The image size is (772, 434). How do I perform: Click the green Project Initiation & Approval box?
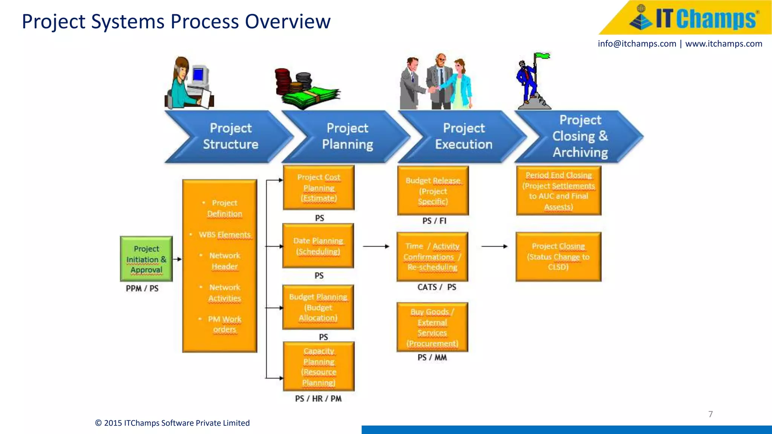[x=146, y=259]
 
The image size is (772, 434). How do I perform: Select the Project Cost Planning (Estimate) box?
[x=319, y=188]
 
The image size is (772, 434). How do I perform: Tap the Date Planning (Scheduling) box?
[x=318, y=246]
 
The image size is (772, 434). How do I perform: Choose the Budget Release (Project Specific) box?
[x=433, y=191]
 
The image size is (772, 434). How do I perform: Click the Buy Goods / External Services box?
[x=432, y=327]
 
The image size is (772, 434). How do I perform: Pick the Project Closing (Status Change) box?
[x=558, y=257]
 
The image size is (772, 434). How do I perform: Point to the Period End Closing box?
[x=558, y=191]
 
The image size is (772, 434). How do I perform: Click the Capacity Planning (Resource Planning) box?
[x=319, y=367]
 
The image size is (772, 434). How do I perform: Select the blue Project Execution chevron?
[x=463, y=136]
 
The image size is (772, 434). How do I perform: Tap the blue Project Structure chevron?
[x=230, y=136]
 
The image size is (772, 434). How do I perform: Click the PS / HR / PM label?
[x=318, y=399]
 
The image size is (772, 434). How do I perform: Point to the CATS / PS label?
[x=437, y=287]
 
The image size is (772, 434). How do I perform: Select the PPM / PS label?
[x=142, y=289]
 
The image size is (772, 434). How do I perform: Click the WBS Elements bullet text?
[x=224, y=235]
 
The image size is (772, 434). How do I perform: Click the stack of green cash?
[x=311, y=98]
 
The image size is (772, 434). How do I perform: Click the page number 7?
[x=711, y=414]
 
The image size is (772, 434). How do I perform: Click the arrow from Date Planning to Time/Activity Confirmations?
[x=376, y=246]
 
